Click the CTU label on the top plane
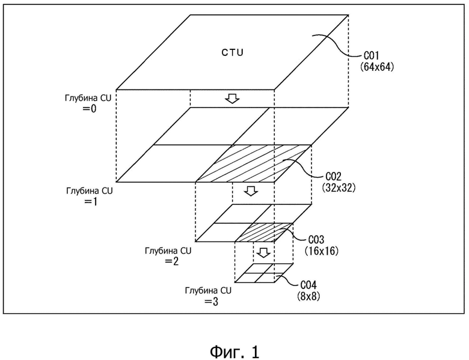233,53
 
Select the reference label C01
371,56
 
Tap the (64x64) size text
377,67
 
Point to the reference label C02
333,177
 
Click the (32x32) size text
339,188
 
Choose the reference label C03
316,240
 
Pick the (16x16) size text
322,251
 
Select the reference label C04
308,285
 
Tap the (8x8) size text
308,296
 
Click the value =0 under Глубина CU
90,109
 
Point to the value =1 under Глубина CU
91,202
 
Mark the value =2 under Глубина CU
171,261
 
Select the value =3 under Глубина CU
211,302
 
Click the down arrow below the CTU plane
233,99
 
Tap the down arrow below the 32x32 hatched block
251,191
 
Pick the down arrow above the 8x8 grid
263,252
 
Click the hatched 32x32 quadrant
254,163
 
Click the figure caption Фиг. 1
234,352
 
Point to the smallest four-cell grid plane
264,273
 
